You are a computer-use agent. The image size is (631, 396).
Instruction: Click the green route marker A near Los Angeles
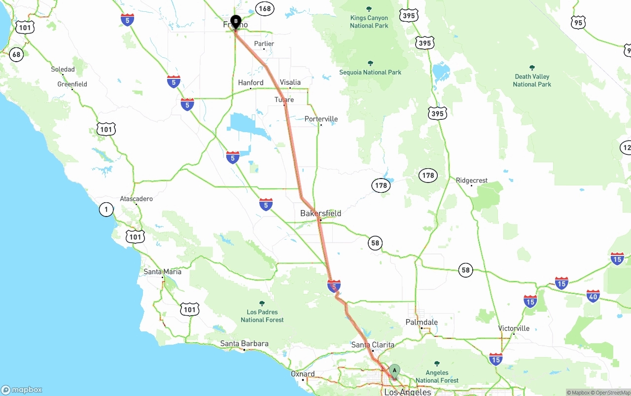coord(394,371)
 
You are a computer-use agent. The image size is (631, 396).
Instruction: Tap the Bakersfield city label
coord(320,214)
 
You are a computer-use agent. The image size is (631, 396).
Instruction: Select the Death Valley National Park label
coord(531,80)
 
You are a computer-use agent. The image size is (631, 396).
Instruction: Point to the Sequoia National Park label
coord(370,72)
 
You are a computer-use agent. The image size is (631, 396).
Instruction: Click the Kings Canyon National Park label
coord(369,22)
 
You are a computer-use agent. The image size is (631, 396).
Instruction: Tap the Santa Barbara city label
coord(245,344)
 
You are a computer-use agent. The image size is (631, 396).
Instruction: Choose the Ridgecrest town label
coord(472,180)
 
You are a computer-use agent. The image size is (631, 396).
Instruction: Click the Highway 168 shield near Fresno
coord(265,8)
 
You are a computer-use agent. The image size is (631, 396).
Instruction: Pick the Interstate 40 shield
coord(593,296)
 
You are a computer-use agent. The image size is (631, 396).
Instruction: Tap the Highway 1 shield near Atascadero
coord(106,210)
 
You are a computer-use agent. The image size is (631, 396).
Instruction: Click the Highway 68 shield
coord(16,54)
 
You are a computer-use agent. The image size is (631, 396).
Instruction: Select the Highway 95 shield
coord(579,23)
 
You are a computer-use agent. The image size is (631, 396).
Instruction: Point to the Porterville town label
coord(321,119)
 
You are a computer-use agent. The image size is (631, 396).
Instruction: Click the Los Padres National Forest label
coord(262,316)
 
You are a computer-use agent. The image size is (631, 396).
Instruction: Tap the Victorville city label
coord(514,328)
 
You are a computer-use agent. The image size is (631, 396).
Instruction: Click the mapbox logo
coord(22,390)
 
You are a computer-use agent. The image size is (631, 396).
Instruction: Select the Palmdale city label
coord(421,322)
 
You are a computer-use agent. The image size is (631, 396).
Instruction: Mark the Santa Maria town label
coord(162,272)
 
